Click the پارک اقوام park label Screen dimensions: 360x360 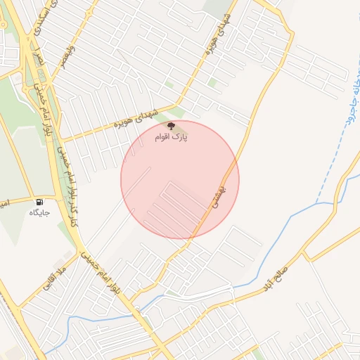pyautogui.click(x=172, y=136)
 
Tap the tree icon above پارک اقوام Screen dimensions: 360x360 pyautogui.click(x=172, y=125)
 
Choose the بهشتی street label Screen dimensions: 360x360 pyautogui.click(x=218, y=186)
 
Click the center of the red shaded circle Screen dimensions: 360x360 pyautogui.click(x=180, y=180)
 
